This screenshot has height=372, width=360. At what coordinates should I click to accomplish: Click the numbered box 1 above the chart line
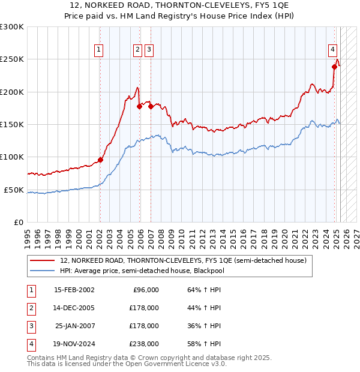click(x=98, y=50)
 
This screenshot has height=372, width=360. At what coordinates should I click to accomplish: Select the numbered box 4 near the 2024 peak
click(x=332, y=50)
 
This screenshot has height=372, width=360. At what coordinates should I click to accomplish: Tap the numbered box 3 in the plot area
click(x=149, y=50)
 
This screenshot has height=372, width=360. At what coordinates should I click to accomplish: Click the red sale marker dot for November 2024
click(x=335, y=67)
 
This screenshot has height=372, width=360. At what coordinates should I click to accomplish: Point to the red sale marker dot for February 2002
click(x=100, y=160)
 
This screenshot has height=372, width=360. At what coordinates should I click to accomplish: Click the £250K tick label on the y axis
click(x=13, y=59)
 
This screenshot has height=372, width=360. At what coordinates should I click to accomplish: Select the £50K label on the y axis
click(x=14, y=190)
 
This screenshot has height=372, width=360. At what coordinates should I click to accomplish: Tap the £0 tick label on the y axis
click(x=19, y=222)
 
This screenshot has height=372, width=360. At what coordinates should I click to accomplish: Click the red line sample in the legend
click(x=41, y=260)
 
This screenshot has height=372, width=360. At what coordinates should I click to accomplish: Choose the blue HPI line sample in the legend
click(x=41, y=270)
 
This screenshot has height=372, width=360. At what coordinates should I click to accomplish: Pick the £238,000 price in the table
click(x=143, y=344)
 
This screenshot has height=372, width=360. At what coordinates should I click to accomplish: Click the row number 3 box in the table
click(x=30, y=326)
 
